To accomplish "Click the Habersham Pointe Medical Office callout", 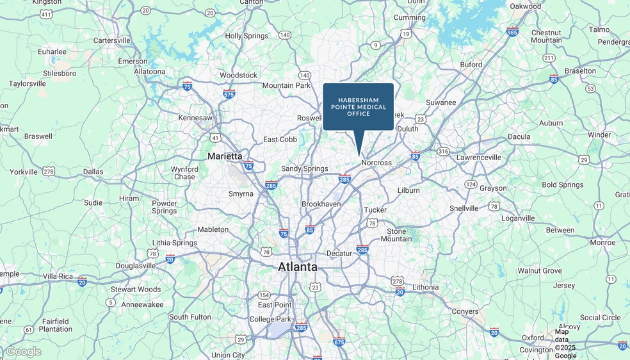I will coord(358,106).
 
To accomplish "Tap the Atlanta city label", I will coord(297,266).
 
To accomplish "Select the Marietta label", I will coord(225,156).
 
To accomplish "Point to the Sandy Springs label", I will coord(305,168).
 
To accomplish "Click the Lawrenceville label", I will coord(478,157).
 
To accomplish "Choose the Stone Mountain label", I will coord(396,234).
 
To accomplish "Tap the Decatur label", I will coord(339,253).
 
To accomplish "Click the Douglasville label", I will coord(136,265).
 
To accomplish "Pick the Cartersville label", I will coord(112,40).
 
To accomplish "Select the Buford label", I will coord(471,65).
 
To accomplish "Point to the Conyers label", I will coord(465,312).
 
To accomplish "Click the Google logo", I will coord(23,352).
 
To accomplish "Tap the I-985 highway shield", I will coord(512,31).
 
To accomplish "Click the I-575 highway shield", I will coord(229,94).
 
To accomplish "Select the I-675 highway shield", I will coord(339,341).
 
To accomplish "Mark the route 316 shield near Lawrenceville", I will coord(443,151).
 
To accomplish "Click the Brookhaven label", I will coord(321,204).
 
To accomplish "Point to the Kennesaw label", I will coord(195,118).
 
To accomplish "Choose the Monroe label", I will coord(602,243).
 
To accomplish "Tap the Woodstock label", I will coord(238,75).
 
